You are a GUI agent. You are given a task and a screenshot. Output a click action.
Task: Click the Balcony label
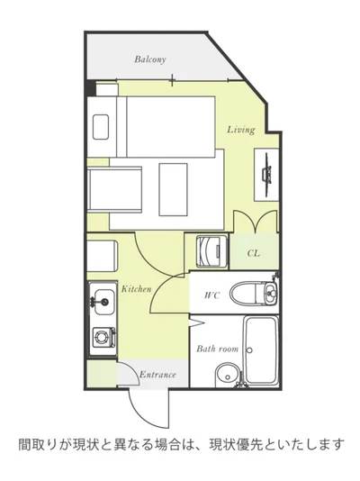pyautogui.click(x=150, y=59)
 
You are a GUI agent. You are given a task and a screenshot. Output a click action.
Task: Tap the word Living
pyautogui.click(x=241, y=130)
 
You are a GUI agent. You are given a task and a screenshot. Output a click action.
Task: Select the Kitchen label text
pyautogui.click(x=136, y=289)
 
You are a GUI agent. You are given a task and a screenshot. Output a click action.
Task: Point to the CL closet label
pyautogui.click(x=254, y=253)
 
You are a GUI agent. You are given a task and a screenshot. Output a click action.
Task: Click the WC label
pyautogui.click(x=212, y=295)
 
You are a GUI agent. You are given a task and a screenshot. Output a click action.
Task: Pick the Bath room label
pyautogui.click(x=217, y=349)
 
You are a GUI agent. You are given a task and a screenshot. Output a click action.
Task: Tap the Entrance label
pyautogui.click(x=157, y=375)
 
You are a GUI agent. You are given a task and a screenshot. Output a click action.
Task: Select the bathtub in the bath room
pyautogui.click(x=261, y=350)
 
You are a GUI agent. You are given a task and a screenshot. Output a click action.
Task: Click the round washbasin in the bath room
pyautogui.click(x=228, y=376)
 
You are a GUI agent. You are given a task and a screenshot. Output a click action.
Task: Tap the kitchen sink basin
pyautogui.click(x=104, y=302)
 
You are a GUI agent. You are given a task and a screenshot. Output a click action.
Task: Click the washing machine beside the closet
pyautogui.click(x=212, y=251)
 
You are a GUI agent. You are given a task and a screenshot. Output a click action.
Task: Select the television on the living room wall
pyautogui.click(x=266, y=174)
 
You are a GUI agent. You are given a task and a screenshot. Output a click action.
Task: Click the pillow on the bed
pyautogui.click(x=101, y=127)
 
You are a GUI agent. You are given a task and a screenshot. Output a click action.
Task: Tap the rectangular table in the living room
pyautogui.click(x=173, y=189)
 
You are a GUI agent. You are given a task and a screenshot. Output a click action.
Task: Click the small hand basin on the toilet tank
pyautogui.click(x=271, y=291)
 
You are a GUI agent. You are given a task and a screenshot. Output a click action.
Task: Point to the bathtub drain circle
pyautogui.click(x=249, y=350)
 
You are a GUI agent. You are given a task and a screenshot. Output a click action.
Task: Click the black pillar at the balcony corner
pyautogui.click(x=91, y=87)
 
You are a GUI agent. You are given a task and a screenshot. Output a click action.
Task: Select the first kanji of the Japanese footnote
pyautogui.click(x=25, y=444)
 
